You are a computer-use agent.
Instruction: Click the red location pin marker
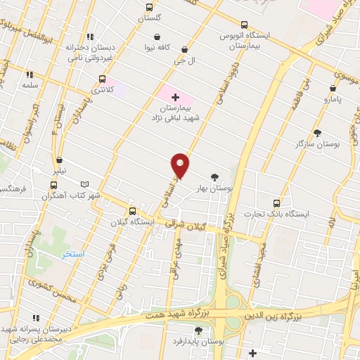pyautogui.click(x=181, y=165)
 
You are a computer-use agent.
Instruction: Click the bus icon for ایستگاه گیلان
pyautogui.click(x=132, y=211)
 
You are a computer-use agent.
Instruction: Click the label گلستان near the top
pyautogui.click(x=148, y=18)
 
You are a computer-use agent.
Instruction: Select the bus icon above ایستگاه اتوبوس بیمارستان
pyautogui.click(x=244, y=23)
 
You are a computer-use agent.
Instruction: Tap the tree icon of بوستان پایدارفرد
pyautogui.click(x=198, y=330)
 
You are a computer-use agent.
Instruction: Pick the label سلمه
pyautogui.click(x=29, y=84)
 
